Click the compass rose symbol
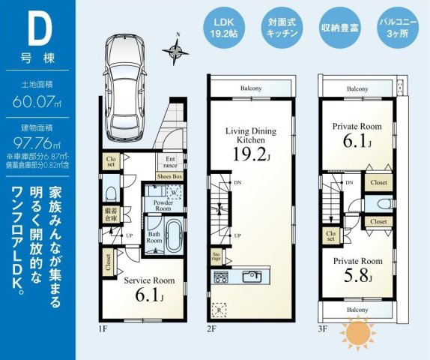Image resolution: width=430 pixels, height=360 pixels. pos(178,50)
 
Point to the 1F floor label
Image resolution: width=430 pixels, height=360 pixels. pos(102,328)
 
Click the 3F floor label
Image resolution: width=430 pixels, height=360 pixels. pos(323,328)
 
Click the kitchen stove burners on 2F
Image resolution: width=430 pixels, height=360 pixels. pos(222,278)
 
